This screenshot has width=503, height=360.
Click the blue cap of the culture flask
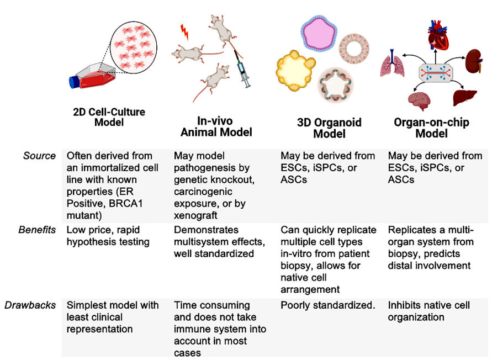[75, 82]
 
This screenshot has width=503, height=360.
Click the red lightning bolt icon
[185, 33]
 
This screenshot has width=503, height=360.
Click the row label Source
[40, 156]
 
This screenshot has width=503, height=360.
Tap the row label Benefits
[37, 230]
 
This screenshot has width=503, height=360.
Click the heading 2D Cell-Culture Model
[109, 117]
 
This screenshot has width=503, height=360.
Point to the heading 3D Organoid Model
[329, 128]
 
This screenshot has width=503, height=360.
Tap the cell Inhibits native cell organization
[428, 311]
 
